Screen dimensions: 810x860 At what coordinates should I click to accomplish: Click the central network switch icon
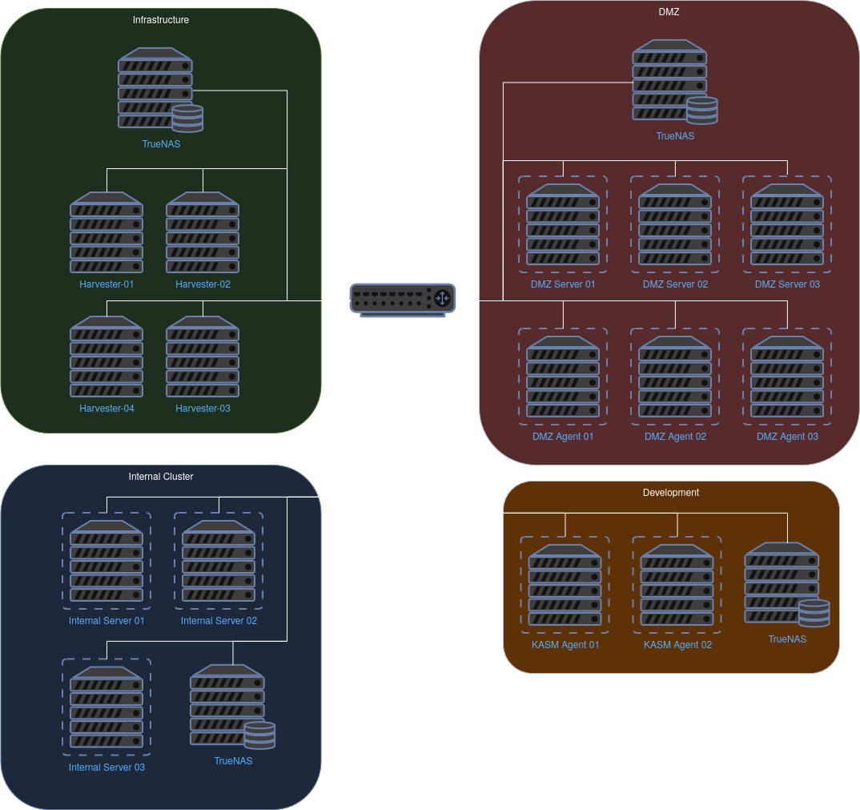(403, 298)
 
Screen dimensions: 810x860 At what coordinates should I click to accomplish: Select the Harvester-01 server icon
(106, 232)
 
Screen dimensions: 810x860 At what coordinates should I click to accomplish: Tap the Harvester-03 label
(203, 409)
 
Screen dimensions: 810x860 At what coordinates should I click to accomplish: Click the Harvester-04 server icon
(106, 357)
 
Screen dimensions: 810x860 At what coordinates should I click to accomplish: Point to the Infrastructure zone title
(161, 20)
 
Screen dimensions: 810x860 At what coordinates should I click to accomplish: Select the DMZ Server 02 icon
(675, 224)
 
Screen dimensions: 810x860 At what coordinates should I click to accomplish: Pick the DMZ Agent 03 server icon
(787, 377)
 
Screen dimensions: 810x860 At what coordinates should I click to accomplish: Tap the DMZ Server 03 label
(787, 284)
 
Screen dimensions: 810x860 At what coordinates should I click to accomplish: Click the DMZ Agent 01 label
(563, 437)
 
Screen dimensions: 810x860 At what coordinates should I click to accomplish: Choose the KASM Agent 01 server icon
(565, 585)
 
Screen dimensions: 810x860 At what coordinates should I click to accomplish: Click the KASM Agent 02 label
(677, 645)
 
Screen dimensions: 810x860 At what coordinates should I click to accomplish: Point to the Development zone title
(671, 493)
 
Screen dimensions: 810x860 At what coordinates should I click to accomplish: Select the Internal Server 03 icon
(106, 707)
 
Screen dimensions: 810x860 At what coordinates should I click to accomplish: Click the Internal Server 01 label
(106, 621)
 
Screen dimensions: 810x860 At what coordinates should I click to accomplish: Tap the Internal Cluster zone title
(161, 477)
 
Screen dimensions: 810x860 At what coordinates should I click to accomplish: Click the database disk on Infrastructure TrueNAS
(188, 119)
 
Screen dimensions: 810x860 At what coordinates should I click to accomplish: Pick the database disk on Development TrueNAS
(814, 613)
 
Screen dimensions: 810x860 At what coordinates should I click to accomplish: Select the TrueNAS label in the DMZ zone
(675, 136)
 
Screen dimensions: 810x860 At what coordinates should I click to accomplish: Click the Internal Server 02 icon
(219, 561)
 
